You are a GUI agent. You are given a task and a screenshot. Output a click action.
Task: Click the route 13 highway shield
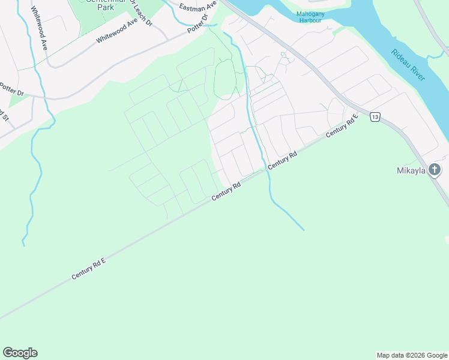click(375, 117)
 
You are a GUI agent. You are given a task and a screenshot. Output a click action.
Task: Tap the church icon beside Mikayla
click(435, 170)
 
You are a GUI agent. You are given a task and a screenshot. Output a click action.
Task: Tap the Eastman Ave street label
click(197, 7)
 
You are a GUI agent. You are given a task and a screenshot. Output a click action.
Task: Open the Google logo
click(20, 353)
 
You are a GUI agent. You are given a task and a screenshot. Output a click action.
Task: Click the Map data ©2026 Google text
click(412, 355)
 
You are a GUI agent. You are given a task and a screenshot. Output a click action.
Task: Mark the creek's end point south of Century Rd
click(303, 230)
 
